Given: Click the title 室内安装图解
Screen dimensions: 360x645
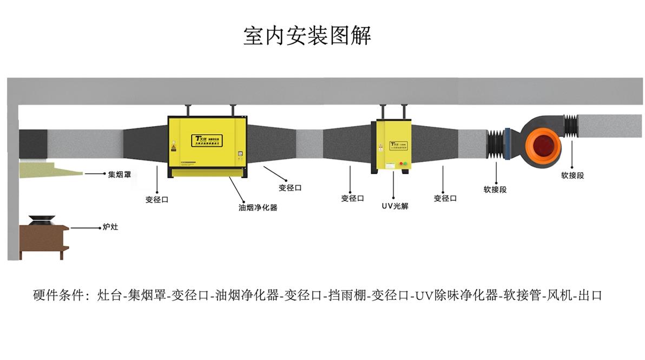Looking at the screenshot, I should [x=307, y=36].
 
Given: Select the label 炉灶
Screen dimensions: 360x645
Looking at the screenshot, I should [x=110, y=227].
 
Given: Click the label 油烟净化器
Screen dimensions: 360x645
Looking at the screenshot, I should [x=258, y=207].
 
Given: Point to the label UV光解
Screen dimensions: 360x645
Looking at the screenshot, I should [x=394, y=206].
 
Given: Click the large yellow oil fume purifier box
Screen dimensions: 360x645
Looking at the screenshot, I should [x=207, y=142].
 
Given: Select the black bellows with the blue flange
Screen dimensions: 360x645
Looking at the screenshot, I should [x=496, y=145].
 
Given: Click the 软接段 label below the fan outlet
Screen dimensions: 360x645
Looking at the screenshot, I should [x=572, y=175].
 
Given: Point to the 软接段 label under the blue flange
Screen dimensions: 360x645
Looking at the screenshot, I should [x=495, y=190].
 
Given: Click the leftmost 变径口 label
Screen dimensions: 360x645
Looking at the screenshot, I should [x=157, y=199].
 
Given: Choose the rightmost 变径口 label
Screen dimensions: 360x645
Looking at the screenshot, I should [x=445, y=199].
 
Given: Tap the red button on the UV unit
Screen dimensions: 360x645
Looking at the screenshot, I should [x=401, y=163].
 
